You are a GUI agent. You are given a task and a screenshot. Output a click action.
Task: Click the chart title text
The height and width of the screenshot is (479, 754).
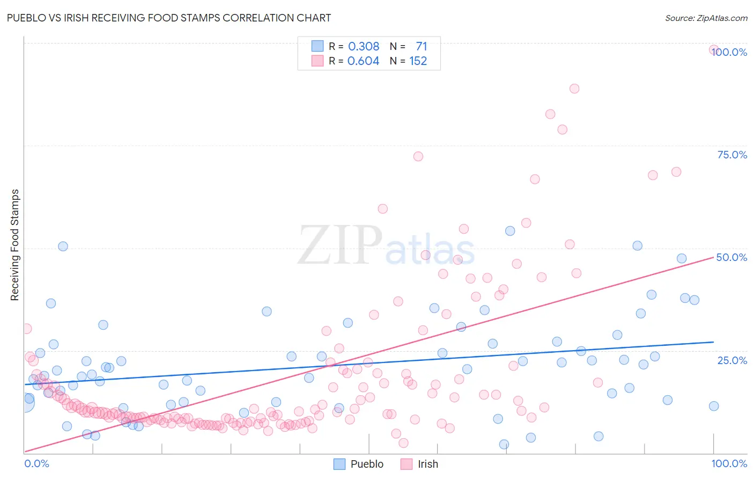pyautogui.click(x=168, y=18)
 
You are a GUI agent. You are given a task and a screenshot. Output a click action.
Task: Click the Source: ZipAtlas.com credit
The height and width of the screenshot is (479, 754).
pyautogui.click(x=706, y=18)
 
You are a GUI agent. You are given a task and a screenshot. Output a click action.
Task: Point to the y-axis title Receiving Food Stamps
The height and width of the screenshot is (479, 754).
pyautogui.click(x=15, y=245)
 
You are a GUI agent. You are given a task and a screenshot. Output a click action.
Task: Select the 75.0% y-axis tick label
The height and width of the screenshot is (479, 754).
pyautogui.click(x=732, y=155)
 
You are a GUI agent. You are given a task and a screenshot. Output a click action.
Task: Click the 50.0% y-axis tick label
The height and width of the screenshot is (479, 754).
pyautogui.click(x=732, y=257)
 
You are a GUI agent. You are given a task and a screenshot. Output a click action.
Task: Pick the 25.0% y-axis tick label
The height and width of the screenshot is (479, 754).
pyautogui.click(x=732, y=360)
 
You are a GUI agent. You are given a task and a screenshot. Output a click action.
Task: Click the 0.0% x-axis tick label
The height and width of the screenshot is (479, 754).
pyautogui.click(x=36, y=463)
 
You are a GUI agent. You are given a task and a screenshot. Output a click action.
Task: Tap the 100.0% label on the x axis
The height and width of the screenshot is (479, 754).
pyautogui.click(x=729, y=463)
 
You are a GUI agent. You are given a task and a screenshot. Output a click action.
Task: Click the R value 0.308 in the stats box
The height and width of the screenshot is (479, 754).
pyautogui.click(x=364, y=46)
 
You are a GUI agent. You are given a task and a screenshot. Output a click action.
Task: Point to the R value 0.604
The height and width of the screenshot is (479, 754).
pyautogui.click(x=364, y=61)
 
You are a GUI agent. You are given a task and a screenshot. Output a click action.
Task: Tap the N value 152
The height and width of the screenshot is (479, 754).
pyautogui.click(x=418, y=61)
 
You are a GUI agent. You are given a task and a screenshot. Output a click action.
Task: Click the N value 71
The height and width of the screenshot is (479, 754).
pyautogui.click(x=422, y=46)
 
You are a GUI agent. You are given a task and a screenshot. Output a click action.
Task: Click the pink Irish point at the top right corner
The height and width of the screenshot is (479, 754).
pyautogui.click(x=714, y=49)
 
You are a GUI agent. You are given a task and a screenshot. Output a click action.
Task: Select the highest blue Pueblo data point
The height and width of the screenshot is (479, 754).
pyautogui.click(x=510, y=231)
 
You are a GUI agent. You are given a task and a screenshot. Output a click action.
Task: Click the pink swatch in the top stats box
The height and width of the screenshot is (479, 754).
pyautogui.click(x=317, y=61)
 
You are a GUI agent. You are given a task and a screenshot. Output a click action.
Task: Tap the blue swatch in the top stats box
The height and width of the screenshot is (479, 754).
pyautogui.click(x=317, y=46)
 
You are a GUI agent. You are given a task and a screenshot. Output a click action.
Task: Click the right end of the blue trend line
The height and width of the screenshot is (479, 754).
pyautogui.click(x=713, y=342)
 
